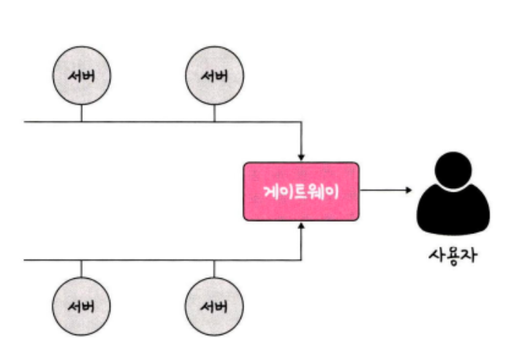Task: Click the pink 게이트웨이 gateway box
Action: tap(301, 191)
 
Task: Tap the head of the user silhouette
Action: tap(453, 170)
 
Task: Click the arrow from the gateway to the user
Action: tap(386, 191)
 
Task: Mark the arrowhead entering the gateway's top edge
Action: tap(301, 157)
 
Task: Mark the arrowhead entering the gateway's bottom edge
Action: tap(301, 225)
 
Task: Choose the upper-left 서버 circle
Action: tap(81, 75)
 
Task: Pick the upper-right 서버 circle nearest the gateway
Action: tap(214, 75)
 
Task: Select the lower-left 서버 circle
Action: tap(81, 305)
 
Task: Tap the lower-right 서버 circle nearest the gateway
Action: tap(214, 305)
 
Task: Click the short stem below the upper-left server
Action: tap(81, 112)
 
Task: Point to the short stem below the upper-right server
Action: tap(214, 112)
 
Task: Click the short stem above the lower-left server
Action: tap(81, 269)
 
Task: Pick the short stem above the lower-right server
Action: tap(214, 269)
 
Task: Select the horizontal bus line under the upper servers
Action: tap(146, 121)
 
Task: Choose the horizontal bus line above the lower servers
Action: tap(146, 260)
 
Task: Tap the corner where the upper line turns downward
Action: tap(301, 121)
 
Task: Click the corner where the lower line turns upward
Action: tap(301, 260)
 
